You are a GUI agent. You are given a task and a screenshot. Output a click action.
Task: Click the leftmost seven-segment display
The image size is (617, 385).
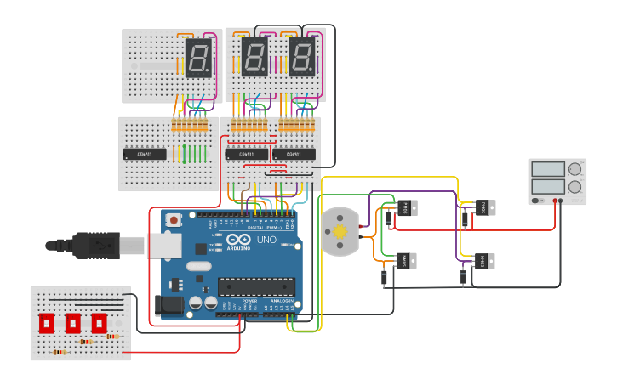click(198, 58)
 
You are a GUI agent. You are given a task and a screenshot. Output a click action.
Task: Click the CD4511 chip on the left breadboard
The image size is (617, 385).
click(145, 154)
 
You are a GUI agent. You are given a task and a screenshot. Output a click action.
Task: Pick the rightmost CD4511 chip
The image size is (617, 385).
click(294, 154)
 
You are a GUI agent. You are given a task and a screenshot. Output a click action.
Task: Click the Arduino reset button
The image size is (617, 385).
click(174, 219)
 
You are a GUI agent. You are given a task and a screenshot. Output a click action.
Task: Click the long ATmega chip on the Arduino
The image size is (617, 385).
click(256, 286)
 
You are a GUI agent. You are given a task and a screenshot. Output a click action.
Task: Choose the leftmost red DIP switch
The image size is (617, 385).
click(46, 323)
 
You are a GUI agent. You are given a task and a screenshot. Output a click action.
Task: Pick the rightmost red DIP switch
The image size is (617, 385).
click(99, 323)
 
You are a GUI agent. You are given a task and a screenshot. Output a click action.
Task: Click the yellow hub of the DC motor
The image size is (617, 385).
click(340, 232)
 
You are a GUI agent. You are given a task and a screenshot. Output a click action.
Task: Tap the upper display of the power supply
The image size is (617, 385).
click(548, 169)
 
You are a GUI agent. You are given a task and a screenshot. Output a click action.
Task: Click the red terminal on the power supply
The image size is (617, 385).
click(554, 201)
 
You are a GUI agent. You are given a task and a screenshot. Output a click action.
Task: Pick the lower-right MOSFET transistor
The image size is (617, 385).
click(483, 261)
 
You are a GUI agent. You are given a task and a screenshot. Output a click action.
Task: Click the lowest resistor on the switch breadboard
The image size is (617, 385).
click(60, 351)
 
